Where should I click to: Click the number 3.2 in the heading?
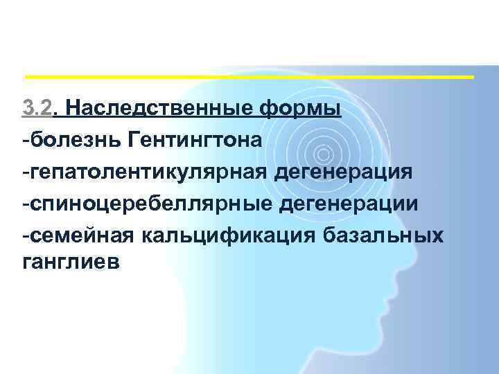[x=35, y=108]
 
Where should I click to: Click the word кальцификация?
[x=229, y=236]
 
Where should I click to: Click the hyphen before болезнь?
[x=25, y=141]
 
